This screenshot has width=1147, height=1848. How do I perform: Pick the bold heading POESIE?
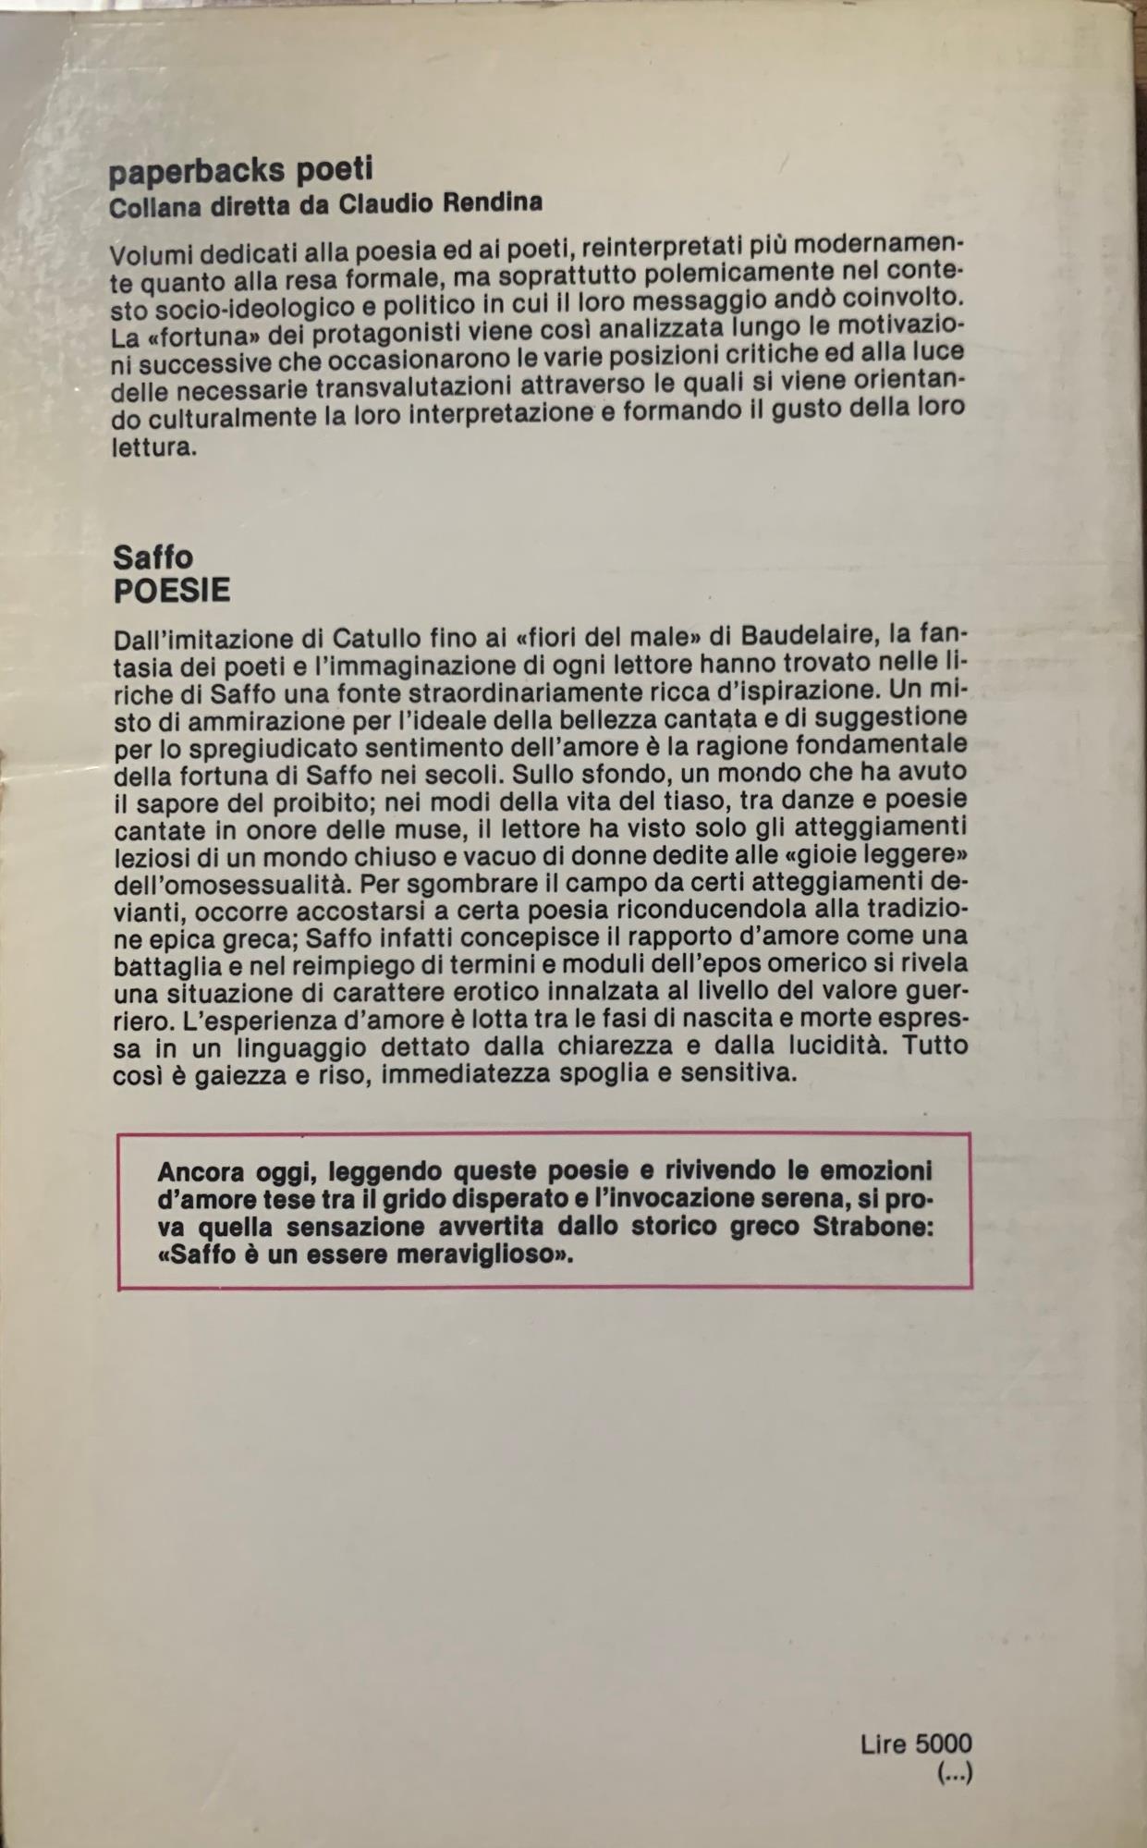[172, 591]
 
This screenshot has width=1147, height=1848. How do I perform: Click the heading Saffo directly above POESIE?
[153, 557]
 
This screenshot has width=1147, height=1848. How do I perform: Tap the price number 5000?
[944, 1744]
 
